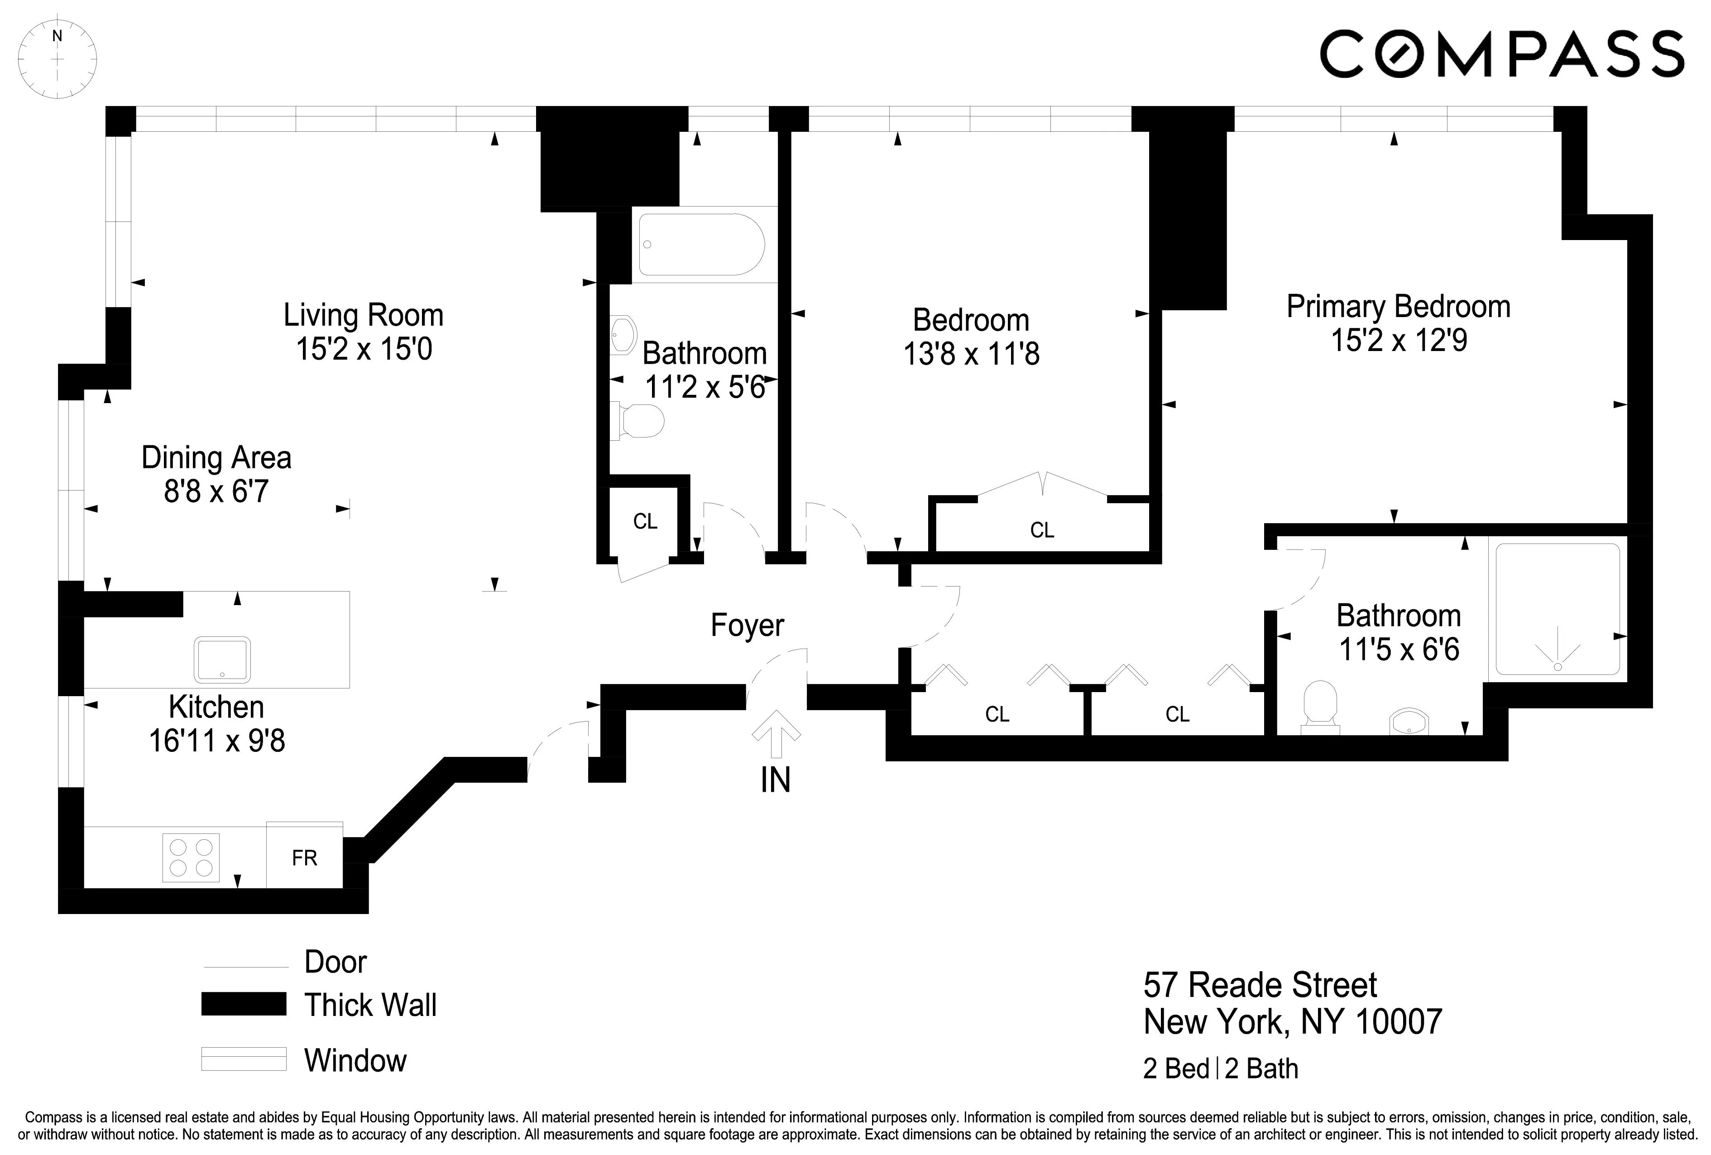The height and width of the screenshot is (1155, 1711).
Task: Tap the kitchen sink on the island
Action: pyautogui.click(x=221, y=659)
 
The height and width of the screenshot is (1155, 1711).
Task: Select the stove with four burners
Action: pyautogui.click(x=191, y=857)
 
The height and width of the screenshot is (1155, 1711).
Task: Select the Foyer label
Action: pyautogui.click(x=747, y=626)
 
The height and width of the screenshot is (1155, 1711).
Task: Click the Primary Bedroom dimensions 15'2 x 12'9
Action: pyautogui.click(x=1398, y=340)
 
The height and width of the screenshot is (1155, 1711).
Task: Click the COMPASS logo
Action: pyautogui.click(x=1502, y=54)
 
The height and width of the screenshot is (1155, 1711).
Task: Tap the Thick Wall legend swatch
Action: pyautogui.click(x=244, y=1004)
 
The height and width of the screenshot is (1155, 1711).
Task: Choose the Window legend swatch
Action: pyautogui.click(x=244, y=1059)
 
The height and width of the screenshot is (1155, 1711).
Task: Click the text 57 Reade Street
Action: pyautogui.click(x=1260, y=985)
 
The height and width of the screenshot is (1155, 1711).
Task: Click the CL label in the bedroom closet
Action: pyautogui.click(x=1042, y=529)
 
